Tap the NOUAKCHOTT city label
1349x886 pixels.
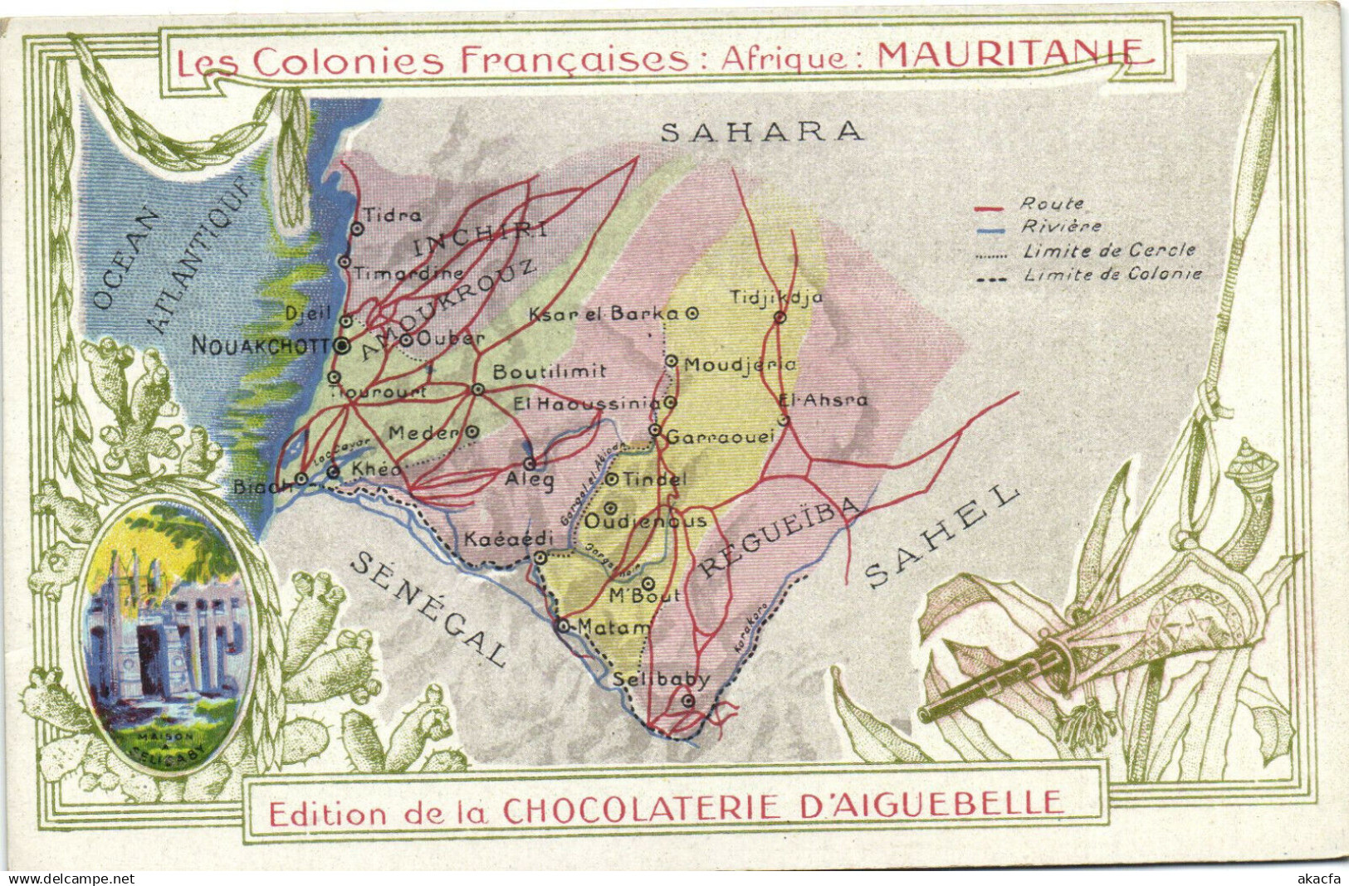pos(261,346)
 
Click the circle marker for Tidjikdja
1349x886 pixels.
pos(780,317)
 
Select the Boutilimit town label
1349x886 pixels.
pos(550,372)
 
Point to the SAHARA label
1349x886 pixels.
pos(761,131)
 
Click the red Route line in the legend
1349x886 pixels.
pos(990,207)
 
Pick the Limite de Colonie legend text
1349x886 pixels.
pos(1112,275)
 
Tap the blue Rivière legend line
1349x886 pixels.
pos(990,230)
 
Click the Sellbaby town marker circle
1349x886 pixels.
pos(687,702)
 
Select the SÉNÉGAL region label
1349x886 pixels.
pos(429,609)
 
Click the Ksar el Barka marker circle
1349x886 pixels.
pos(692,314)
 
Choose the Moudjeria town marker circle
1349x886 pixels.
pos(672,361)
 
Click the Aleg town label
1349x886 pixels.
pos(529,480)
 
